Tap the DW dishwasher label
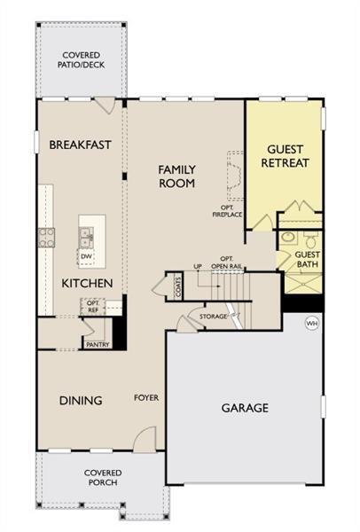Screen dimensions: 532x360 click(86, 256)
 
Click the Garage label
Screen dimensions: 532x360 click(244, 408)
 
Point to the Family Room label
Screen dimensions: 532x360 click(176, 176)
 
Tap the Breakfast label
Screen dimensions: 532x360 click(80, 145)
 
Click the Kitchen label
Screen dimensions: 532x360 click(86, 283)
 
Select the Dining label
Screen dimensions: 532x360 click(81, 400)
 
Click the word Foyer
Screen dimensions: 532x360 click(146, 398)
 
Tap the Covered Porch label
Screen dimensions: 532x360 click(103, 478)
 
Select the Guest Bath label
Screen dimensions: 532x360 click(308, 259)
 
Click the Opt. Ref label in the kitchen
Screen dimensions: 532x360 click(92, 306)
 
